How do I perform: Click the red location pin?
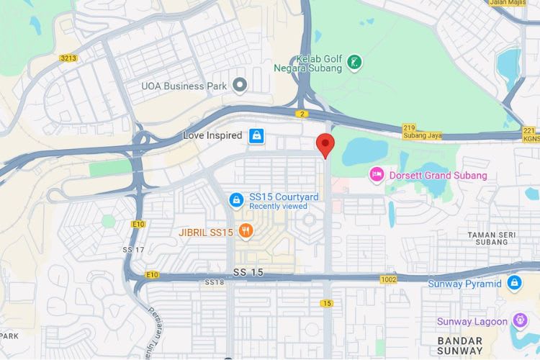(x=325, y=144)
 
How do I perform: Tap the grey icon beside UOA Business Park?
(x=240, y=86)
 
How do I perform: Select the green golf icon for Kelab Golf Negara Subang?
(x=354, y=63)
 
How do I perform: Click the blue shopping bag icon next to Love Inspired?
(x=256, y=135)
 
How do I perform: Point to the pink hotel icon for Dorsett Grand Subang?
(x=376, y=175)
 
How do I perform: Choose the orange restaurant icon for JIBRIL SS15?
(x=246, y=232)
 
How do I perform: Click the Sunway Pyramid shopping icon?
(x=514, y=283)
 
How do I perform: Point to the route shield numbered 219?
(x=409, y=127)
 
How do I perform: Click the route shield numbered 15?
(x=327, y=303)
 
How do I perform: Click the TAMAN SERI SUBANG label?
(x=492, y=238)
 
